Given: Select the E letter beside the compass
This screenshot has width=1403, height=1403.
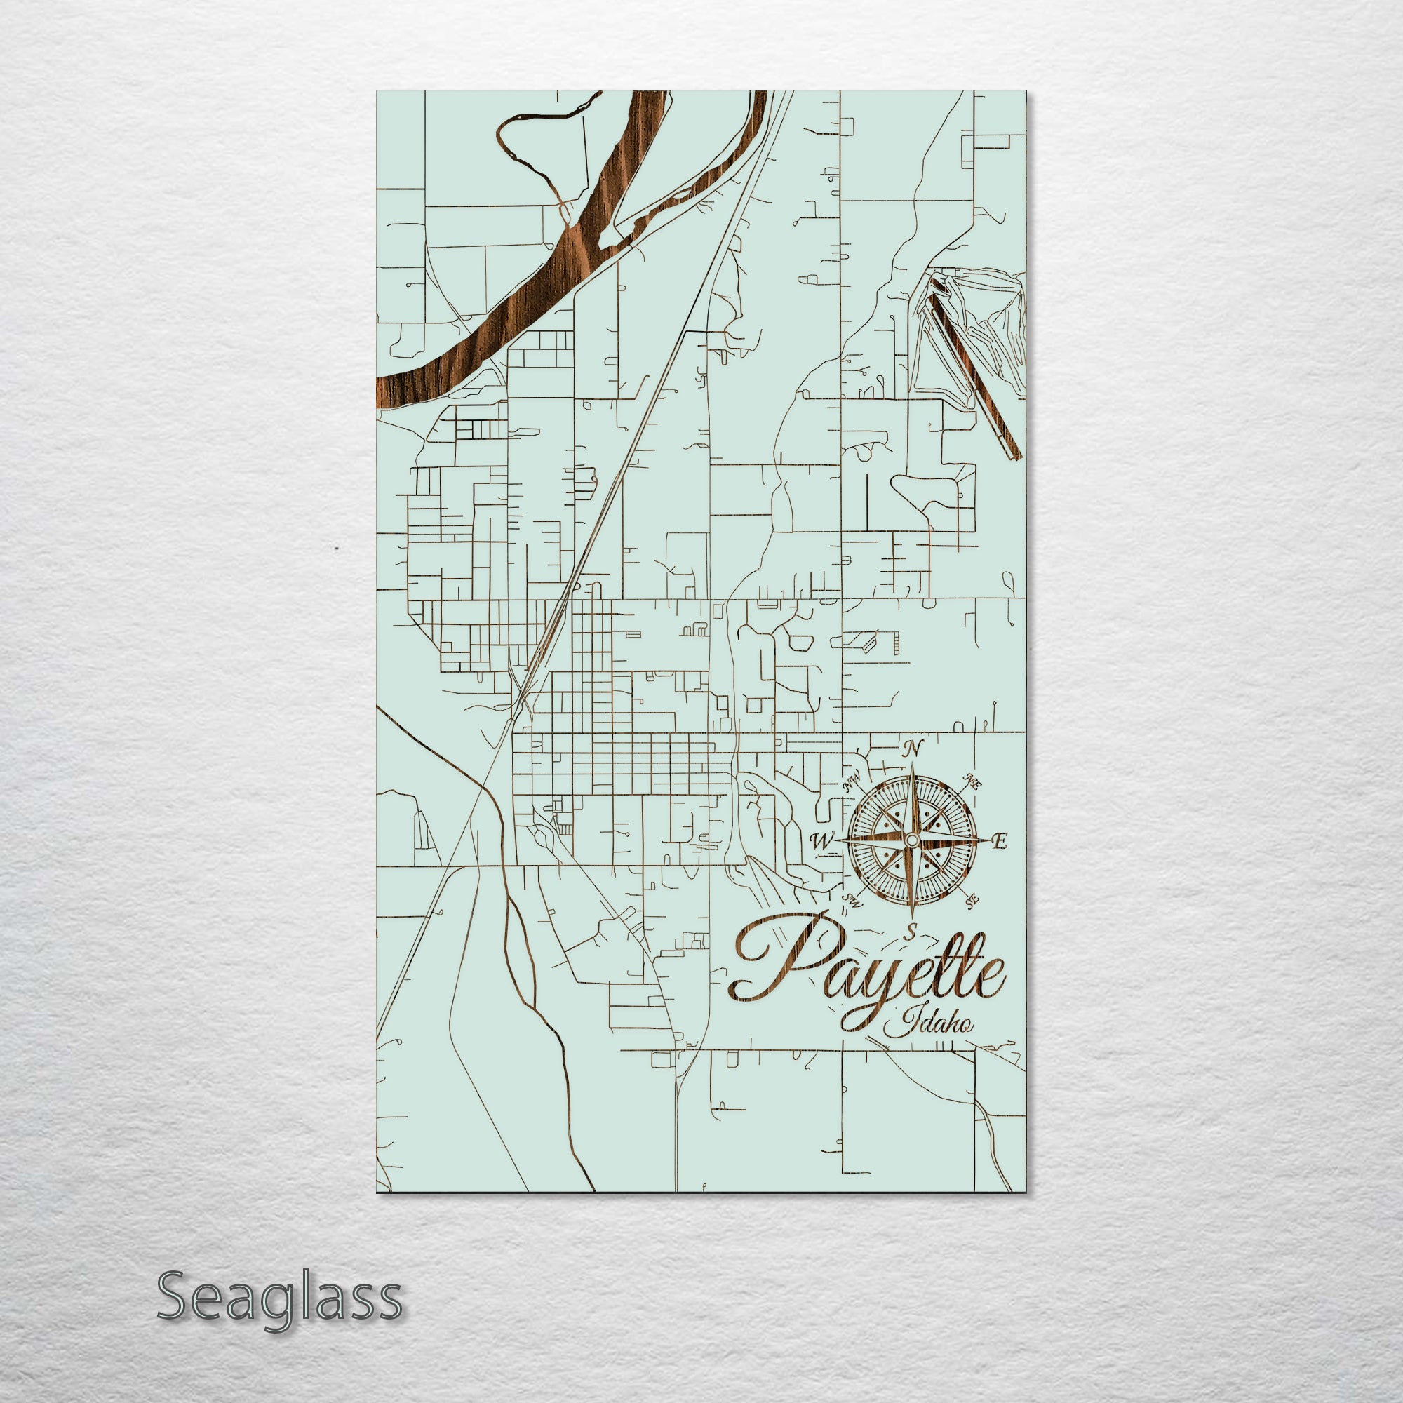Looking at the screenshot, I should pyautogui.click(x=1000, y=842).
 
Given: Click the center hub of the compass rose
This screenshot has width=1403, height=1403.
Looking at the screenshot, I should pyautogui.click(x=912, y=840).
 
